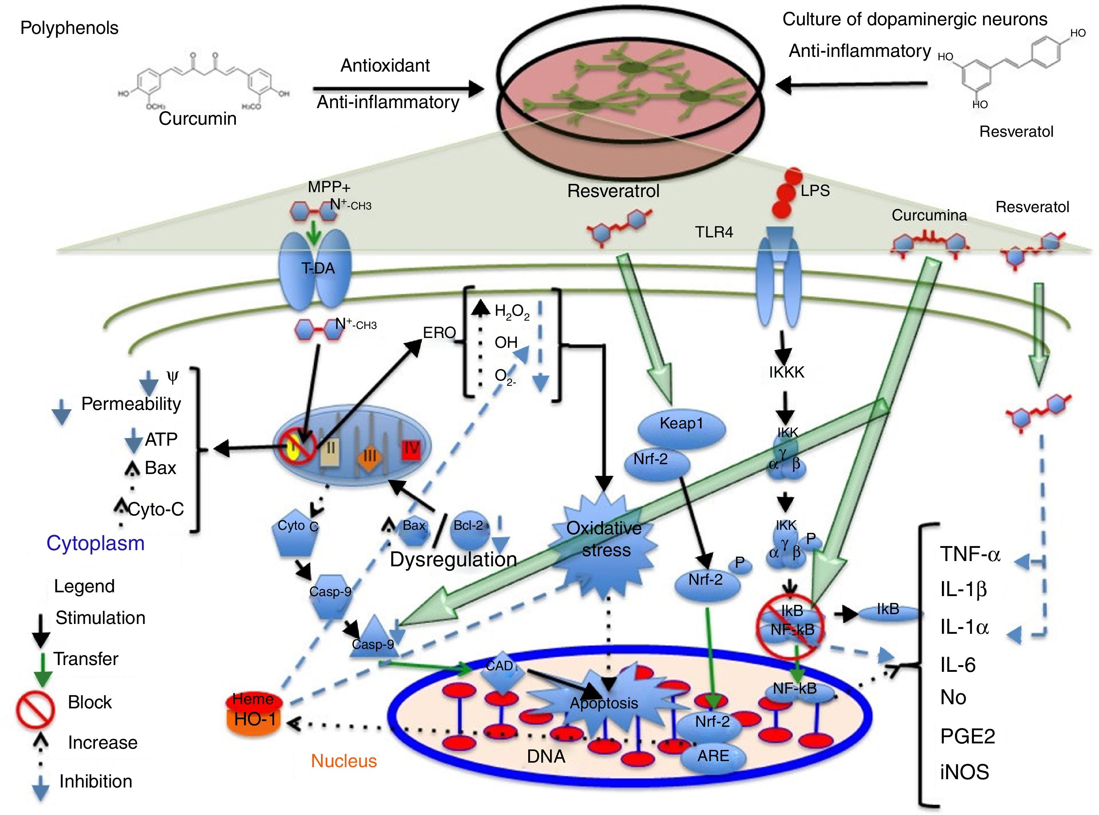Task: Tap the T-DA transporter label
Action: point(318,268)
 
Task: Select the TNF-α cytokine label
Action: point(970,554)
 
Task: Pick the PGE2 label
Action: point(967,736)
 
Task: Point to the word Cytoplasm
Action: point(95,543)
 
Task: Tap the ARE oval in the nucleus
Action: point(713,756)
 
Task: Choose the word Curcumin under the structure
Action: point(197,118)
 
